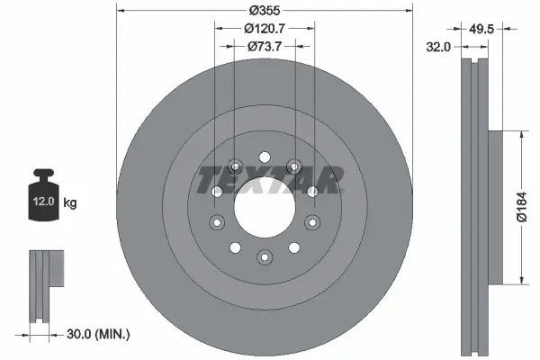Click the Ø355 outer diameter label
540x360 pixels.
tap(264, 10)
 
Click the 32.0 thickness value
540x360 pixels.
tap(438, 46)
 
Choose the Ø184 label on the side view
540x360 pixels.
tap(521, 207)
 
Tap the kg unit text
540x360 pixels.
tap(70, 203)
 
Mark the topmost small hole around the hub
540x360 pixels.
tap(265, 157)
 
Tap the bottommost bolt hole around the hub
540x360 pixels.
tap(264, 258)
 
